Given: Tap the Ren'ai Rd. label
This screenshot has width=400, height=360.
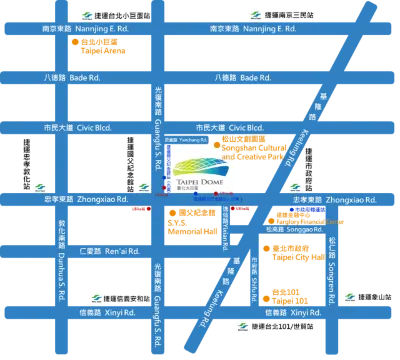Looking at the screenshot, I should click(x=93, y=249).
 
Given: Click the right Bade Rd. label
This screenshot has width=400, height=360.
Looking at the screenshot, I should click(x=243, y=78).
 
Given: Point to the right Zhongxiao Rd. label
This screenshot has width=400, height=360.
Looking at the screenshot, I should click(x=321, y=200).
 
